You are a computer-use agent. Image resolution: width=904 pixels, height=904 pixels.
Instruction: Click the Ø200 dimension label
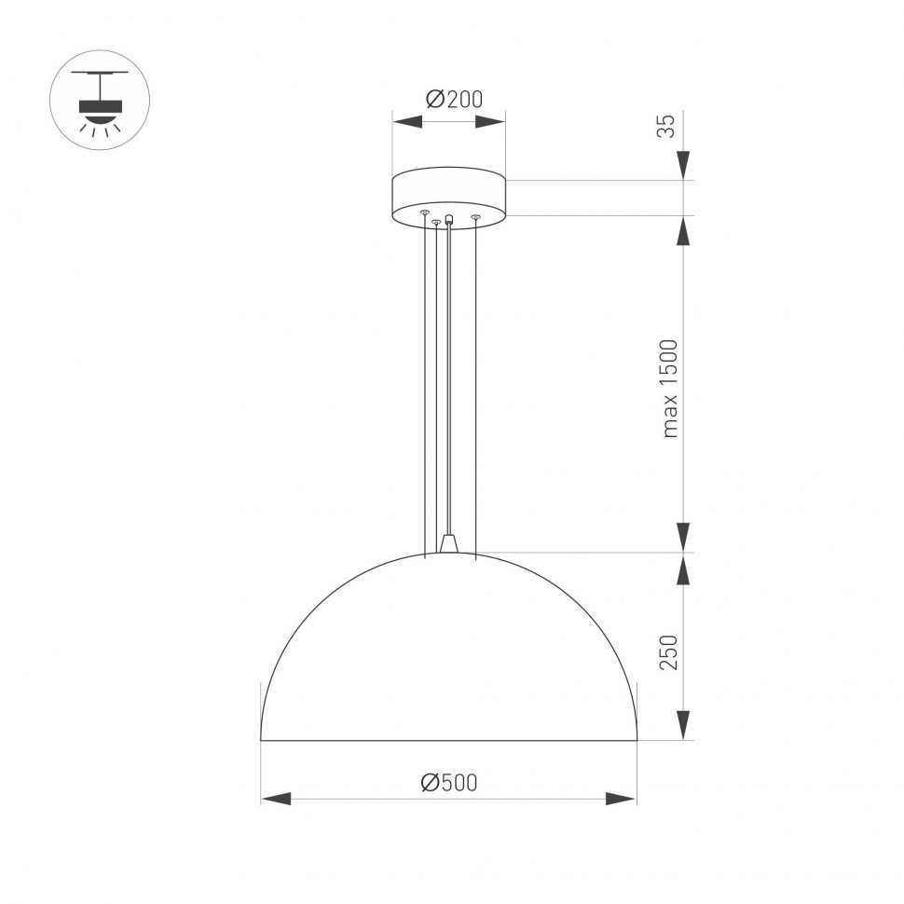[454, 99]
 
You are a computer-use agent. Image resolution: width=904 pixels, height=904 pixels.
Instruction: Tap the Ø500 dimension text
[448, 783]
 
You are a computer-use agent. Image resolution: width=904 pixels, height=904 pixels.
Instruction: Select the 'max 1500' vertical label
[670, 388]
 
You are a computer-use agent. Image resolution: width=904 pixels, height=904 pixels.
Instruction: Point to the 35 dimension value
[665, 126]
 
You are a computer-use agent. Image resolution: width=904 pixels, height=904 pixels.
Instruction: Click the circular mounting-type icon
[99, 100]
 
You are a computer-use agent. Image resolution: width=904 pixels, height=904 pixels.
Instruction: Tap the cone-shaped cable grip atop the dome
[450, 543]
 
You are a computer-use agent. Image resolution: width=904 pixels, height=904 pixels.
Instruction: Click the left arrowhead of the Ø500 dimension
[276, 799]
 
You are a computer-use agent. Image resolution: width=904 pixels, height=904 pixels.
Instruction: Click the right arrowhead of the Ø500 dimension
[621, 799]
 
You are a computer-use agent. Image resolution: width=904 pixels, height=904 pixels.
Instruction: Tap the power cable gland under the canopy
[449, 220]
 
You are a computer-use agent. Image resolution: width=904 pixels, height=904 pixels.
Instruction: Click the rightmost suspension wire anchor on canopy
[475, 217]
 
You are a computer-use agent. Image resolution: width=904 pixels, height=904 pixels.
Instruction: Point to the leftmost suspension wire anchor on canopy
[425, 213]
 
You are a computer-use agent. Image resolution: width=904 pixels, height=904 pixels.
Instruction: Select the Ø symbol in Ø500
[430, 783]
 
